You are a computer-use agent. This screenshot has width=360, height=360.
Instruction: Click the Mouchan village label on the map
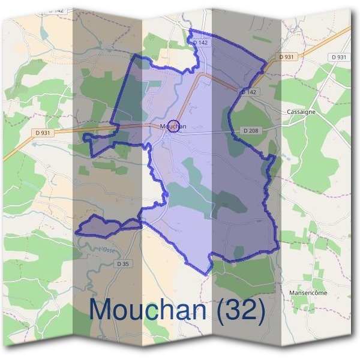pos(173,127)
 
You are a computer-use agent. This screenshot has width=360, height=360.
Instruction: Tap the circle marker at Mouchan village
pos(173,125)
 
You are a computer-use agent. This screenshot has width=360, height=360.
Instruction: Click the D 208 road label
pos(252,130)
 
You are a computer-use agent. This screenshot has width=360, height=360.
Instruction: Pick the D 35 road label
pos(123,264)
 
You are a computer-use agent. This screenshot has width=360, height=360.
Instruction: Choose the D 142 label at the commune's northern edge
pos(201,43)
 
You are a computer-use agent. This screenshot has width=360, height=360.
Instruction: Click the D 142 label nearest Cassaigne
pos(248,92)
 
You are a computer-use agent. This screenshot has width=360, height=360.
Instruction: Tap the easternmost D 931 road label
pos(338,57)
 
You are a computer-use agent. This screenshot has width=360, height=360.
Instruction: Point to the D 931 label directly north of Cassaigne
pos(287,56)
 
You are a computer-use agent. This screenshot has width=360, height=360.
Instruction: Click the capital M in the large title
pos(101,310)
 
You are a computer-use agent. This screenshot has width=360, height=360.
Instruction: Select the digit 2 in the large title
pos(250,310)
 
